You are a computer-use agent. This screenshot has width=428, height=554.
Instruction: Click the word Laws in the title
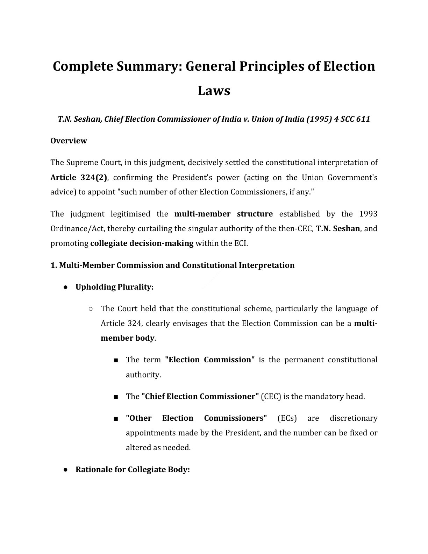pos(214,91)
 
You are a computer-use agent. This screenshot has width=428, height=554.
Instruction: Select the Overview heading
pos(69,141)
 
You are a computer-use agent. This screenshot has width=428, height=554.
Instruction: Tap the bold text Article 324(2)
pos(79,177)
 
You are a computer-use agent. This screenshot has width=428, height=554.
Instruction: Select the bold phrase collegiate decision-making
pos(142,243)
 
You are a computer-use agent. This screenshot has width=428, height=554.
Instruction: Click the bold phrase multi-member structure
pos(223,214)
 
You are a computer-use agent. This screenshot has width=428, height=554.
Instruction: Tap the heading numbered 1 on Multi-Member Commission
pos(172,265)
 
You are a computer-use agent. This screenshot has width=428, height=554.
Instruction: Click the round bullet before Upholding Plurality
pos(66,287)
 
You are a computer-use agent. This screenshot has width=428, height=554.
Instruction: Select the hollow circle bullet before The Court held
pos(91,309)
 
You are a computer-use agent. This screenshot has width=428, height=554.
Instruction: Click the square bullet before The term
pos(116,360)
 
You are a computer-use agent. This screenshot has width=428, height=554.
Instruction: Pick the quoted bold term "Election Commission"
pos(209,360)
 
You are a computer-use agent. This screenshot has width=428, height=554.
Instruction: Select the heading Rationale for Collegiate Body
pos(133,469)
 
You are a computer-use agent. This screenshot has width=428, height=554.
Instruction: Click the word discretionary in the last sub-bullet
pos(354,418)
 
